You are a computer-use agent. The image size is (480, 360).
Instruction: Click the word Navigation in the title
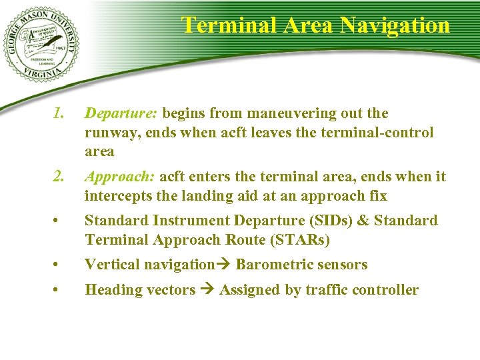(394, 25)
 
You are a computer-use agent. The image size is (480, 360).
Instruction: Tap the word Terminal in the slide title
(223, 25)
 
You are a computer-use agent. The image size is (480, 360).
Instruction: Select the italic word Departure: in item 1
(121, 113)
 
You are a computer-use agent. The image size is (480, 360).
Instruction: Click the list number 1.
(58, 113)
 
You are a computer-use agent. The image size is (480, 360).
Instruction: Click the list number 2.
(58, 177)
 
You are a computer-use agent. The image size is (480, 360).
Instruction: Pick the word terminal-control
(377, 133)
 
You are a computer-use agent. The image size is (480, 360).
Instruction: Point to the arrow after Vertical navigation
(222, 265)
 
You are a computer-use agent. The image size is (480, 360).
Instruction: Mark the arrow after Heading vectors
(206, 290)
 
